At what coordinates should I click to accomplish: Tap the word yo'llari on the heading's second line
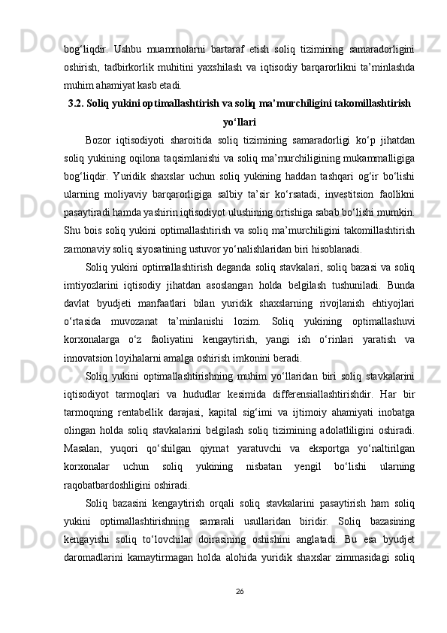[x=240, y=120]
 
